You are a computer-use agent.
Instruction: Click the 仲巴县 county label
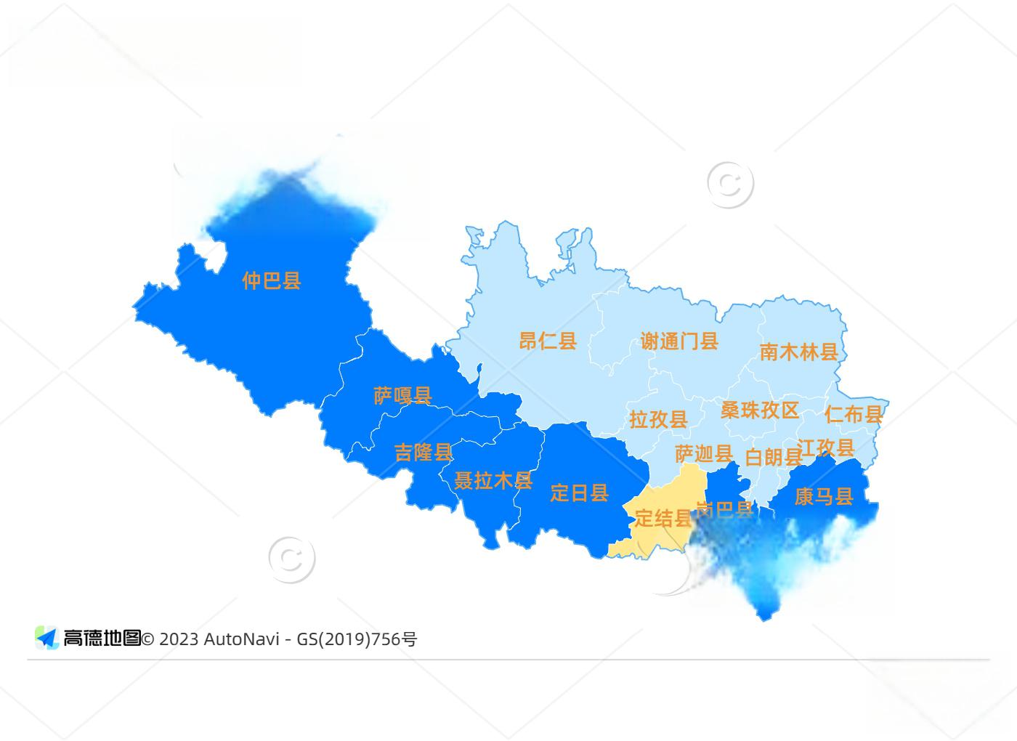coord(271,280)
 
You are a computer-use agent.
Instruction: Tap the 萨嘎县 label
coord(402,395)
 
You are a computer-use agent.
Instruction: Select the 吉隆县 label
coord(423,453)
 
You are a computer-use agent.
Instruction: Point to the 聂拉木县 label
coord(493,480)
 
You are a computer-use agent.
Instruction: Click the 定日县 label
coord(579,493)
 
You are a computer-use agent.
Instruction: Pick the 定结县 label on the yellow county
coord(663,518)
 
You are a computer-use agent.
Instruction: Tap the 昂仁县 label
coord(548,340)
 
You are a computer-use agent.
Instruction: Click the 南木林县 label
coord(798,352)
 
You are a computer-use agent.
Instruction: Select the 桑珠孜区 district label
coord(759,410)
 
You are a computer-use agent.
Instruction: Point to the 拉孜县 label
coord(658,419)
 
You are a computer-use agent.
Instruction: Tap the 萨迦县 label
coord(703,454)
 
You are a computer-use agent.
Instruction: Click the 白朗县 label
coord(774,457)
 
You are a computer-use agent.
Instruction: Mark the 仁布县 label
coord(854,414)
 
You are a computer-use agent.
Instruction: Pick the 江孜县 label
coord(826,448)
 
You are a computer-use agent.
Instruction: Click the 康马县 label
coord(823,497)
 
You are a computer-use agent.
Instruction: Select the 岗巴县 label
coord(725,509)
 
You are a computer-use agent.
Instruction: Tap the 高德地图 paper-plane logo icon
coord(47,638)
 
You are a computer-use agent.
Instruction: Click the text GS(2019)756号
coord(357,639)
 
